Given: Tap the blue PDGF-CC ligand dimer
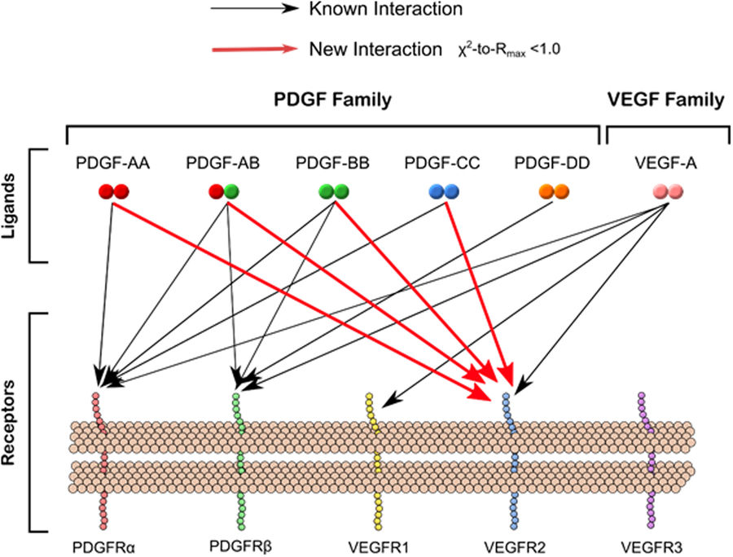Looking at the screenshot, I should click(445, 192).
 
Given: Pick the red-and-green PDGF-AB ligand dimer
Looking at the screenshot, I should click(222, 192).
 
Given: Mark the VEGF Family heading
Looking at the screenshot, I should click(665, 100).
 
